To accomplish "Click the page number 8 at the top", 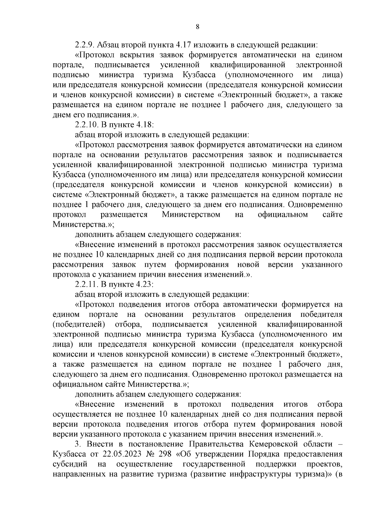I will (197, 27).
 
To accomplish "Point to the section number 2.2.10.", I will (87, 125).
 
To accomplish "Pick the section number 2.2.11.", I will (87, 284).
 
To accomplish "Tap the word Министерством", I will (191, 214).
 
